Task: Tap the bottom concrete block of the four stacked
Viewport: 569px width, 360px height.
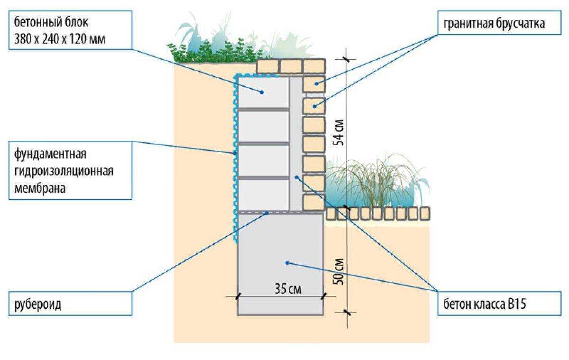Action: pyautogui.click(x=264, y=194)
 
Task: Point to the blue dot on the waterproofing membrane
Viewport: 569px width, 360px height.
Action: pyautogui.click(x=235, y=153)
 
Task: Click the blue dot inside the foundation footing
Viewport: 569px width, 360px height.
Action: pyautogui.click(x=287, y=262)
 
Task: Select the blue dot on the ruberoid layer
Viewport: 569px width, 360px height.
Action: pyautogui.click(x=267, y=213)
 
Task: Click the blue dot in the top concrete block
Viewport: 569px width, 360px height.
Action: pyautogui.click(x=262, y=93)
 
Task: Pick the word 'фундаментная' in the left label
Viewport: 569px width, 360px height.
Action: pyautogui.click(x=50, y=155)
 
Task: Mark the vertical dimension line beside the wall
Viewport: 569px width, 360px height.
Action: pyautogui.click(x=347, y=190)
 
